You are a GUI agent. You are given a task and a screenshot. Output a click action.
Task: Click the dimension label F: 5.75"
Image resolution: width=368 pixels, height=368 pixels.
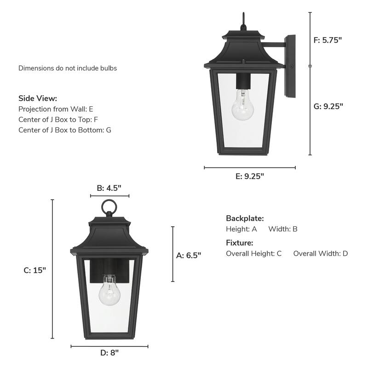(328, 40)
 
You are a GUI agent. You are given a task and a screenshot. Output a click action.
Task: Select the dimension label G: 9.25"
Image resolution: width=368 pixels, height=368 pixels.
(328, 106)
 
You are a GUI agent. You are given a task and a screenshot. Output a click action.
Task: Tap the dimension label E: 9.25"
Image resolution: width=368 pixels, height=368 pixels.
(250, 176)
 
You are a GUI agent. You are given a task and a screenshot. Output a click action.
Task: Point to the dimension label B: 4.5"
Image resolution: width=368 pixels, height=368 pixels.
(109, 188)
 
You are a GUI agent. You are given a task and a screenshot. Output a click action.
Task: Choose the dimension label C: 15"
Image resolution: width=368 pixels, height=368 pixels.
(35, 270)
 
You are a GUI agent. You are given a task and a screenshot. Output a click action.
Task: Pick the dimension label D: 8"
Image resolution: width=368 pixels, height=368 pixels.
(109, 353)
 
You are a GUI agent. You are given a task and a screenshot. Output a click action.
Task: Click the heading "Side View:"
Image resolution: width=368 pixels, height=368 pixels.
(38, 98)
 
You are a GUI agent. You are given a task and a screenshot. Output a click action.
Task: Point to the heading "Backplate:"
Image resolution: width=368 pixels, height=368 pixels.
(245, 218)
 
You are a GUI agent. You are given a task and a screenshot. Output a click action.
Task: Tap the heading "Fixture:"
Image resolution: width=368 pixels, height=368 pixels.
(239, 243)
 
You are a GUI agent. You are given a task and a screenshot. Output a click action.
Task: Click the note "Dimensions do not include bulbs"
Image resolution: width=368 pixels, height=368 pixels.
(68, 68)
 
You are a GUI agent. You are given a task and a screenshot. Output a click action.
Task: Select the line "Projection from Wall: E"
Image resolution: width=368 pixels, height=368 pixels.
(56, 109)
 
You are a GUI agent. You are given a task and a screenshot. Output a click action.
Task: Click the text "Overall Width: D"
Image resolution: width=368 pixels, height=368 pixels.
(321, 253)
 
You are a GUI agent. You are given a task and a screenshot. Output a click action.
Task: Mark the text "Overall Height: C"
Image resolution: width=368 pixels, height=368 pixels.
(253, 253)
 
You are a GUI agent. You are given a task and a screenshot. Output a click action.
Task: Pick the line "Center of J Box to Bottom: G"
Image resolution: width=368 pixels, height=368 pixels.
(64, 130)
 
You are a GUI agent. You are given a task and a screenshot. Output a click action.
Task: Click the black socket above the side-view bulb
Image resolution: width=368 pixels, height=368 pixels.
(242, 81)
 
